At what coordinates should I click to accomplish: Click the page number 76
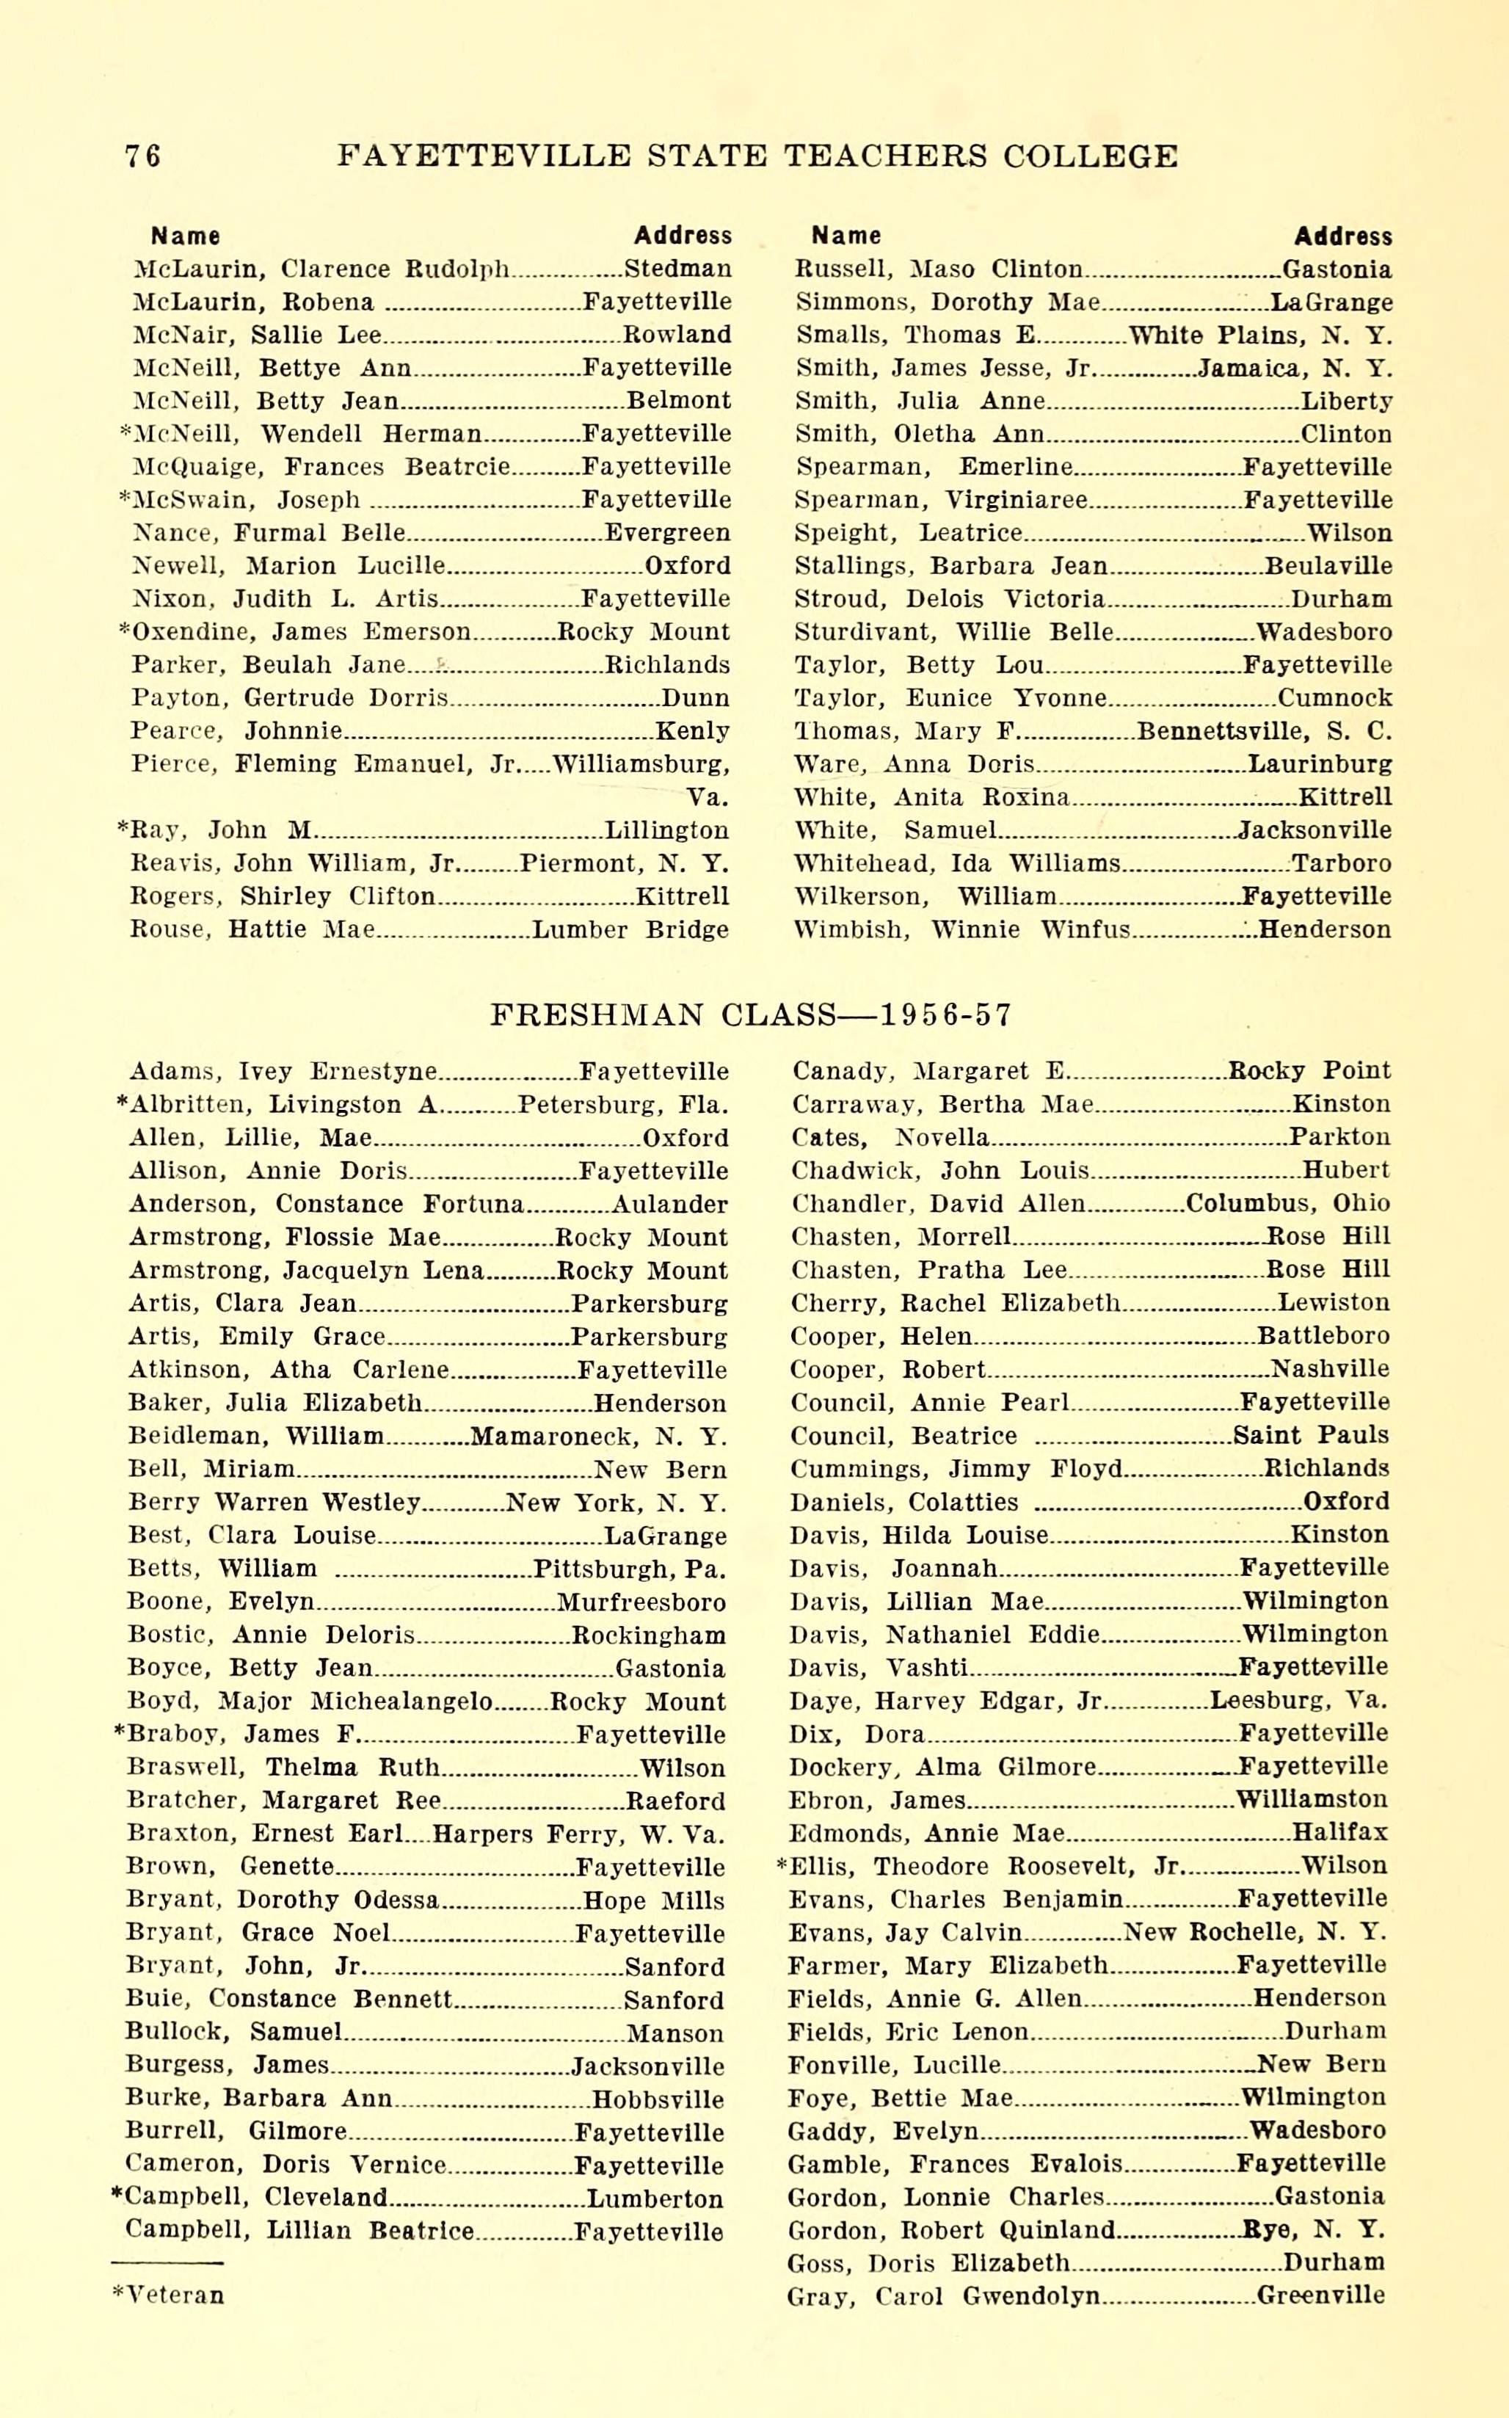coord(142,156)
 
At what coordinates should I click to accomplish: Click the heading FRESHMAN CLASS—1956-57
coord(752,1015)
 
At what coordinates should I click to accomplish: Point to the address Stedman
coord(677,269)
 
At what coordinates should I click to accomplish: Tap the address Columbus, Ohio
coord(1287,1204)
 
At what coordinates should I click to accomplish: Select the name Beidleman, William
coord(255,1437)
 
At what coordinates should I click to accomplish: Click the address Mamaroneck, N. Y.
coord(598,1437)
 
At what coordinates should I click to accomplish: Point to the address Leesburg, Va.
coord(1298,1701)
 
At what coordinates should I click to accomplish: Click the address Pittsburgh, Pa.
coord(629,1569)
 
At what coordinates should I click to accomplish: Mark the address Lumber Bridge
coord(630,930)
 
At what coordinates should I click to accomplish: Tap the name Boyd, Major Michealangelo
coord(310,1702)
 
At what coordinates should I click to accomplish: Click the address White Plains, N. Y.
coord(1259,335)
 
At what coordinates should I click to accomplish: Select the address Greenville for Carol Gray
coord(1320,2295)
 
